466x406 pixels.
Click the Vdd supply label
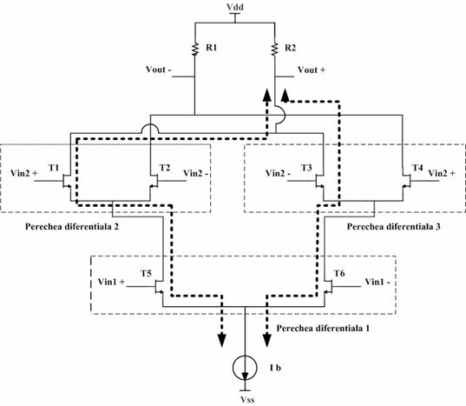pyautogui.click(x=235, y=7)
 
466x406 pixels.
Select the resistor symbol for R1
pyautogui.click(x=195, y=49)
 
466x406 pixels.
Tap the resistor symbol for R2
pyautogui.click(x=274, y=49)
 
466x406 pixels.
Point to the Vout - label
pyautogui.click(x=159, y=70)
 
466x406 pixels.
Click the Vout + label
pyautogui.click(x=312, y=70)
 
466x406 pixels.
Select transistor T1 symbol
pyautogui.click(x=67, y=181)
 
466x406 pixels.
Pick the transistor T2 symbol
pyautogui.click(x=154, y=181)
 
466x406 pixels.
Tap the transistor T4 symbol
pyautogui.click(x=406, y=181)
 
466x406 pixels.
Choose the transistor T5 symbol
pyautogui.click(x=160, y=287)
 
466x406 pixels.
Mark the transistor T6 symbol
pyautogui.click(x=328, y=287)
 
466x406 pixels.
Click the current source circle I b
pyautogui.click(x=245, y=368)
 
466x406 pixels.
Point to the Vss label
pyautogui.click(x=247, y=400)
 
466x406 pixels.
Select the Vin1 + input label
pyautogui.click(x=111, y=282)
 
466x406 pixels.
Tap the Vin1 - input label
pyautogui.click(x=377, y=282)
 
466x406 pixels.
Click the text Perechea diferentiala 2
pyautogui.click(x=72, y=227)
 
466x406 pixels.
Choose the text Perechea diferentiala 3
pyautogui.click(x=394, y=227)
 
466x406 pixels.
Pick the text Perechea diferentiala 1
pyautogui.click(x=323, y=329)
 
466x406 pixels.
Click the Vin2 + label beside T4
pyautogui.click(x=442, y=173)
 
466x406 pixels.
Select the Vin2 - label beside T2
pyautogui.click(x=196, y=173)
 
